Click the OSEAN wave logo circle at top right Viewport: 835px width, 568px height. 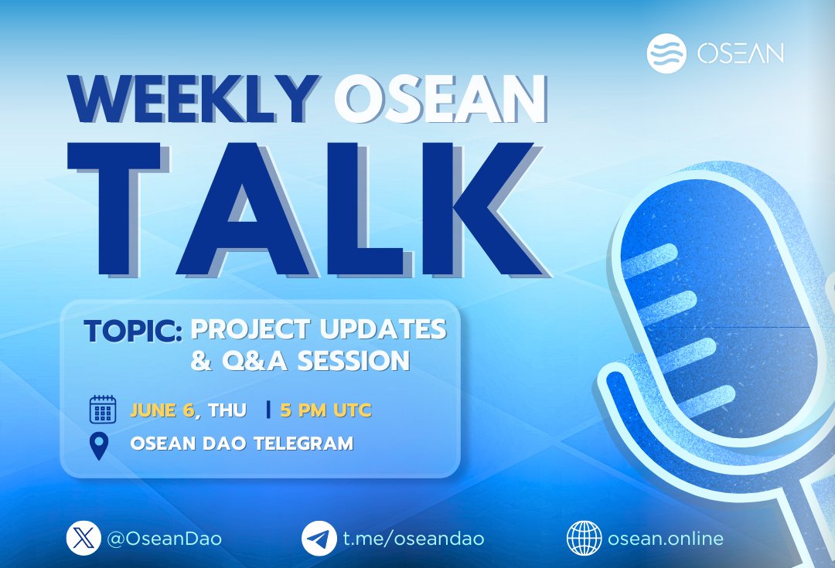(666, 53)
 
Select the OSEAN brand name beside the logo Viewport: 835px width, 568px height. (740, 53)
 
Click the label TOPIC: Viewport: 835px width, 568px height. (133, 330)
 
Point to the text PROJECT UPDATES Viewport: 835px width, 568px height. (319, 329)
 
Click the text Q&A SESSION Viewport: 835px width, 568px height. (300, 360)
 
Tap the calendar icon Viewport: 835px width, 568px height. (102, 410)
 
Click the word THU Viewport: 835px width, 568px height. (227, 410)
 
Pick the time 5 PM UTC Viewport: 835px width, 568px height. (325, 410)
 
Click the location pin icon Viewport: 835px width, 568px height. (100, 446)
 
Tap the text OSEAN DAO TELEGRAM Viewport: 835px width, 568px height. (241, 444)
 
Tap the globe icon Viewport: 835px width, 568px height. (584, 538)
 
